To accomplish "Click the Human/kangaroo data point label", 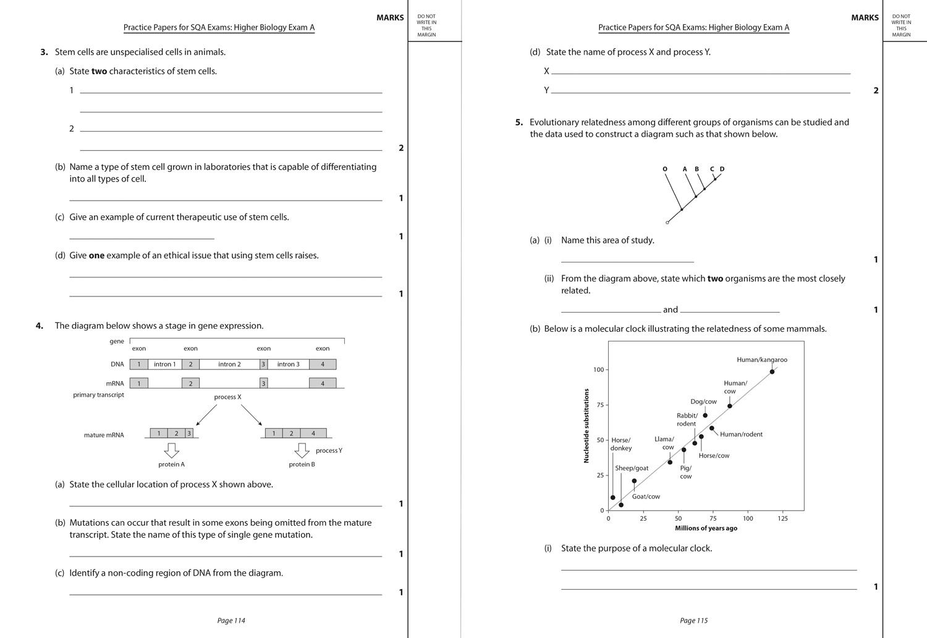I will click(761, 359).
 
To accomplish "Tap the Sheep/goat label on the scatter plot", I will click(632, 468).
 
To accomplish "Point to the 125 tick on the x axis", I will click(782, 518).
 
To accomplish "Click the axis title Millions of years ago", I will click(706, 528).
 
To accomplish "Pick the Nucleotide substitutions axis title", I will click(586, 426).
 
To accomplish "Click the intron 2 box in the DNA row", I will click(229, 364).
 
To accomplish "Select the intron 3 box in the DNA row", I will click(288, 364).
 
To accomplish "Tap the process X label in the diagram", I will click(227, 397).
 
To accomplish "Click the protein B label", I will click(302, 464).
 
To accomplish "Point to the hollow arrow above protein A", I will click(171, 450).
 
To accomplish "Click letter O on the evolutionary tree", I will click(665, 169).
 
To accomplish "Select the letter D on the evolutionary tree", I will click(722, 169).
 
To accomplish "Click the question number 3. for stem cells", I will click(44, 52).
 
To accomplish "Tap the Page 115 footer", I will click(693, 621).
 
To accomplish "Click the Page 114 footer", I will click(231, 621).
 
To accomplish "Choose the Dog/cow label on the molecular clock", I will click(703, 401).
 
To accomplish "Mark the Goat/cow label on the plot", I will click(646, 497).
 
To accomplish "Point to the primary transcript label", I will click(98, 395).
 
